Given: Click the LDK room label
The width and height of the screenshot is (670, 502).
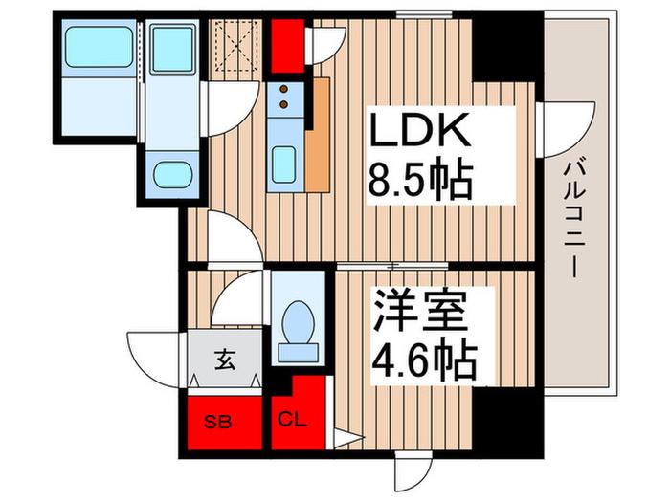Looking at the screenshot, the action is (419, 131).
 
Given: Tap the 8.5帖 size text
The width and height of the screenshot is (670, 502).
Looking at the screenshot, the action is (420, 180).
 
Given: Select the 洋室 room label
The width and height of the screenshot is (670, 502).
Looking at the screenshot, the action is (419, 312).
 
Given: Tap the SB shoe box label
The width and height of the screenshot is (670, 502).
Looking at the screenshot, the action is (218, 423).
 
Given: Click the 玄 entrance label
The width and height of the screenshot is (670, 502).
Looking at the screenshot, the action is (225, 360).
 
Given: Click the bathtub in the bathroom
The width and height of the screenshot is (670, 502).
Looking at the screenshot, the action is (100, 47).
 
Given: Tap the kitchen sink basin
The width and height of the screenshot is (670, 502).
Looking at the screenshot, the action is (283, 164).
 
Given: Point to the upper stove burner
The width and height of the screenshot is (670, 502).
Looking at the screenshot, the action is (283, 89).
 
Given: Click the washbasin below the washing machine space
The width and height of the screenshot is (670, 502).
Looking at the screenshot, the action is (172, 175).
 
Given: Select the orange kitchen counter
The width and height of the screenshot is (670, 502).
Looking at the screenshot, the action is (318, 136).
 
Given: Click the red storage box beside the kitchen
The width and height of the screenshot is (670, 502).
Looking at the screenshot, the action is (287, 46).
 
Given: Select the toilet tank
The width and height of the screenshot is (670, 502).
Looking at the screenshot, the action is (299, 352).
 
